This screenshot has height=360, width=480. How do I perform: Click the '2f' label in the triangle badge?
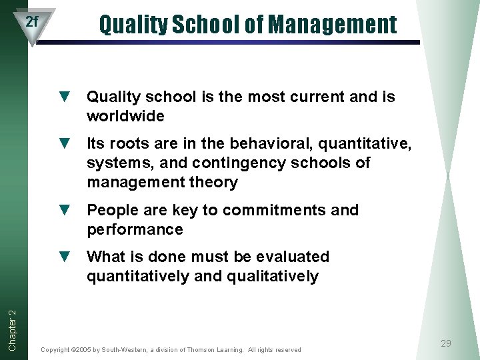click(x=32, y=21)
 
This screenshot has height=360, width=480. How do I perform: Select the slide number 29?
click(x=446, y=343)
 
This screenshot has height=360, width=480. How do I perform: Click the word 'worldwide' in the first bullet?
click(x=125, y=117)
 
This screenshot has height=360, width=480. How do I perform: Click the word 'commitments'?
click(x=274, y=210)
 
